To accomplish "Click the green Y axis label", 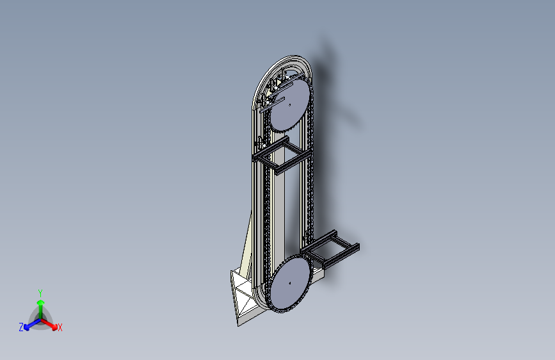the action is coord(40,293).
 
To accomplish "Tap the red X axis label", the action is coord(60,327).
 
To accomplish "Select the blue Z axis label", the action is coord(21,327).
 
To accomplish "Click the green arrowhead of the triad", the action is coord(41,302).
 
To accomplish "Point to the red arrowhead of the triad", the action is coord(54,327).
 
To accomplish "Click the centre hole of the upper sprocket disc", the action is coord(290,105).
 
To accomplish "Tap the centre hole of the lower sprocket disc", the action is coord(290,283).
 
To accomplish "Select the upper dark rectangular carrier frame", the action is coord(282,155).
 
